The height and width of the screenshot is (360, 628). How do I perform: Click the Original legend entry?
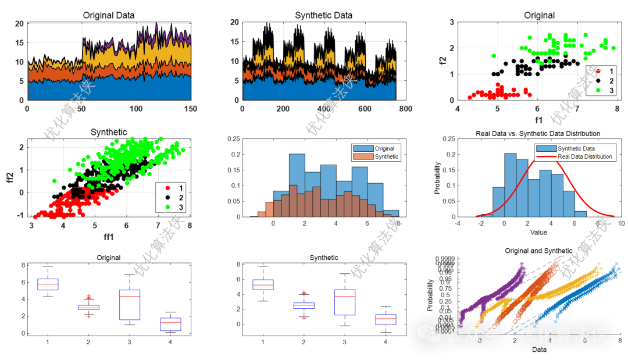(384, 148)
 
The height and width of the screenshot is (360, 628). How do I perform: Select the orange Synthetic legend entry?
(387, 156)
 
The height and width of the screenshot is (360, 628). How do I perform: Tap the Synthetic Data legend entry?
(576, 148)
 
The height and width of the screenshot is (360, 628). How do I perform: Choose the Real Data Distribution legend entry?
(584, 156)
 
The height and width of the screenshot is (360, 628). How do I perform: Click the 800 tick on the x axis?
(405, 108)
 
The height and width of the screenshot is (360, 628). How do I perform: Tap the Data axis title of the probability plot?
(540, 350)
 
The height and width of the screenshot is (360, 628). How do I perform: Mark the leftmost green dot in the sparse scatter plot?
(494, 56)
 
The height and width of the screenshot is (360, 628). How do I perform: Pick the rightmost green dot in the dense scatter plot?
(183, 150)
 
